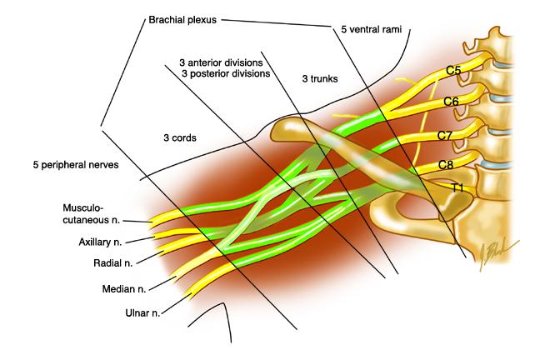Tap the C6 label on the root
point(451,102)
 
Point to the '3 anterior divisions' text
point(221,62)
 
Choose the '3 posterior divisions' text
point(226,73)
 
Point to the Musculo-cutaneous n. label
point(92,213)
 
